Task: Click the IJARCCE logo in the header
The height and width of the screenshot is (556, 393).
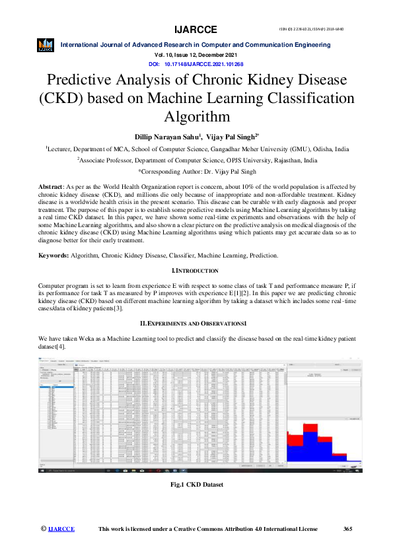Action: [x=46, y=45]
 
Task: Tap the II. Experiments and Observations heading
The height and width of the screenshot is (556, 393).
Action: [x=196, y=324]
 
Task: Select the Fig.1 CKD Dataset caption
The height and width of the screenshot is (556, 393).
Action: [x=196, y=485]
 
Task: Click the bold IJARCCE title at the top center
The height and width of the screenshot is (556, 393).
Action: [x=196, y=30]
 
